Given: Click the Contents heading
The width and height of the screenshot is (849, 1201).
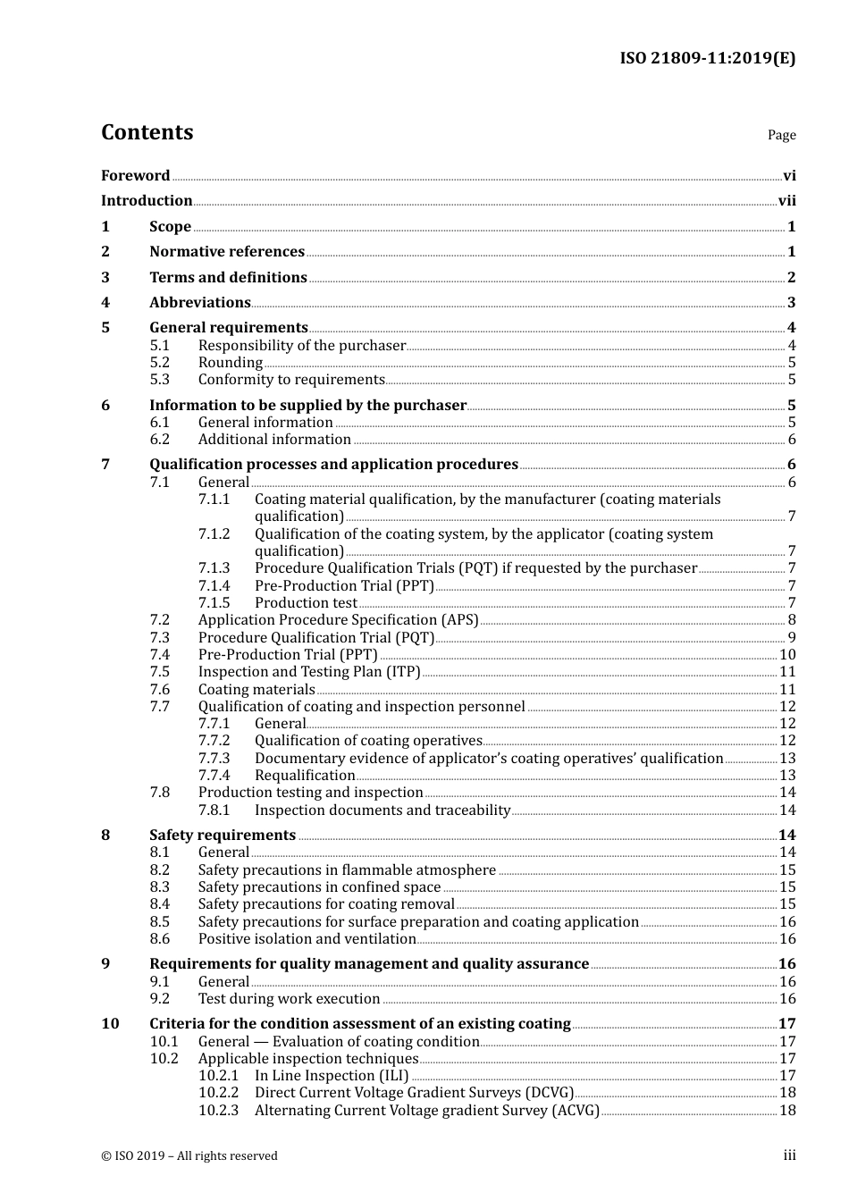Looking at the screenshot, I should point(147,132).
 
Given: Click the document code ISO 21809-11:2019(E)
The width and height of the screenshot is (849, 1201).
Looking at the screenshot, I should point(707,58).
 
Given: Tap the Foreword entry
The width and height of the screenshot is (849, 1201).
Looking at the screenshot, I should point(135,176).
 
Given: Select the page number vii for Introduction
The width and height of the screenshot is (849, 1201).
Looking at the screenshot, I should point(786,201).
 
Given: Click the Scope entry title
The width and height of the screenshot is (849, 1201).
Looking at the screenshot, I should point(170,227).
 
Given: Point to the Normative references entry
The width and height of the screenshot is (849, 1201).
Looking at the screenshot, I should point(227,252).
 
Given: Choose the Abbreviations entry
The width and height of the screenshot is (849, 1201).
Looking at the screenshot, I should point(199,303).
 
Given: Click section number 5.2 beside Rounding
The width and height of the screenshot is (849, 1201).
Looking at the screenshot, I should point(159,363).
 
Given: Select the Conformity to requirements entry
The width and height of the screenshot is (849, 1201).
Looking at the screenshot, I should point(291,380).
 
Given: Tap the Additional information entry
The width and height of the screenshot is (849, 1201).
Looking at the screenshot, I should point(274,440).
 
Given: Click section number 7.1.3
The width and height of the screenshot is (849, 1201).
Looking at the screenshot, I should point(214,568).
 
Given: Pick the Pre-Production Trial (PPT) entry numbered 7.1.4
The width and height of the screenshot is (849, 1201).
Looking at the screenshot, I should point(344,586).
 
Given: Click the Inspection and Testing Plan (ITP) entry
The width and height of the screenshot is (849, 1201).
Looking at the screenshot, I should point(309,672).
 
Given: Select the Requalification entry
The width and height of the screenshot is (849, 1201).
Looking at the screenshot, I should point(305,776).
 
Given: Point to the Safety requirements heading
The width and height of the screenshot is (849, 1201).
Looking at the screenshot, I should point(223,836).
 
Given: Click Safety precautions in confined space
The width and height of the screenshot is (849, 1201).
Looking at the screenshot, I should point(319,887).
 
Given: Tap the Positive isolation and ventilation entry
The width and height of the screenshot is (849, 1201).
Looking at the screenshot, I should point(307,939).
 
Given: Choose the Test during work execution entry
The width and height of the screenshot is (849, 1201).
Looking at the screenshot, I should point(289,999).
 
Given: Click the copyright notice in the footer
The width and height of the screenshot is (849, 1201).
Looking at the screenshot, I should point(189,1156).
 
